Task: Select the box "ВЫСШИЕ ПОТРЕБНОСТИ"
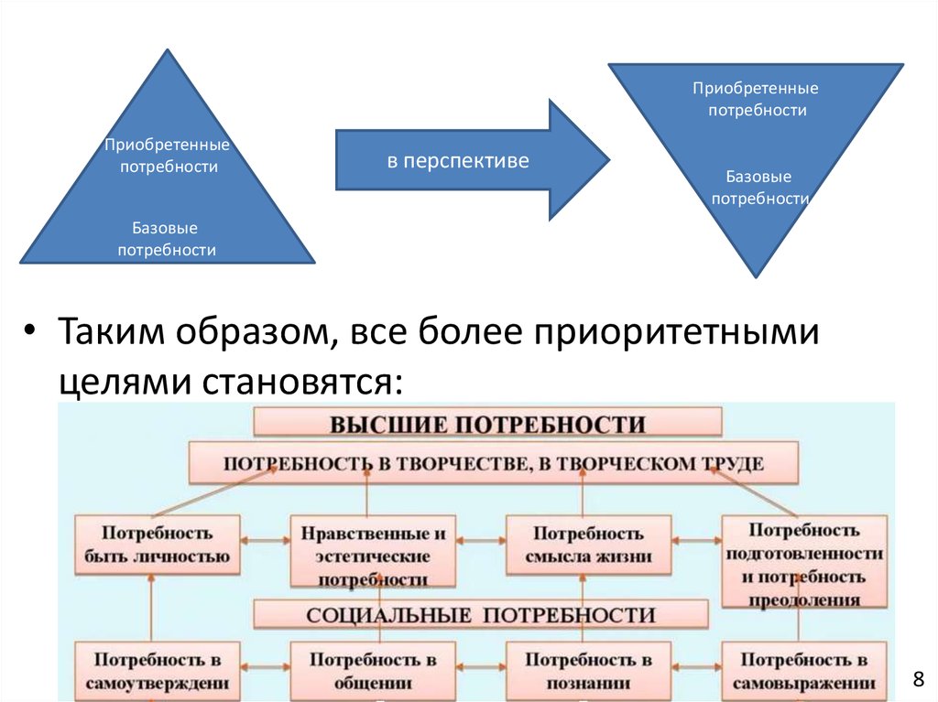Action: coord(487,424)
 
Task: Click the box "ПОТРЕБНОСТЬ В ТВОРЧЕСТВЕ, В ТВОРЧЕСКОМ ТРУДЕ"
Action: coord(493,464)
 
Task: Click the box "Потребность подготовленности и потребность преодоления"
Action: coord(804,563)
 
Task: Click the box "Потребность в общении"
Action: coord(373,670)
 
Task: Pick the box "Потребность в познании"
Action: coord(588,670)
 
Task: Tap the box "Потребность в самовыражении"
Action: coord(804,670)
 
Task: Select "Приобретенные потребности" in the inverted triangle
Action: coord(756,99)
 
